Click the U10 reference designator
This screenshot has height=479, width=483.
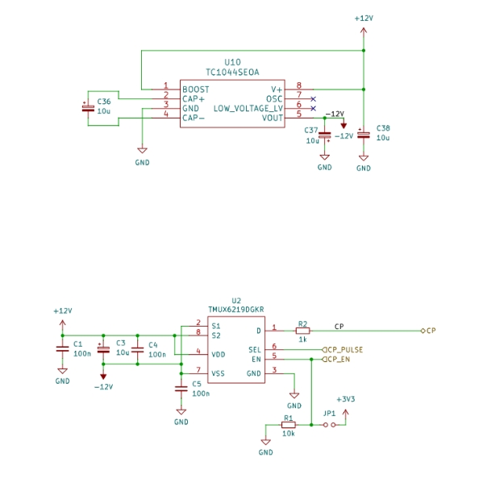point(232,63)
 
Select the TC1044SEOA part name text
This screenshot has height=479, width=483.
point(232,73)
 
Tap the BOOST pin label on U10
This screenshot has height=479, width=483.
point(196,90)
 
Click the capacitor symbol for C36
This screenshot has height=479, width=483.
point(88,108)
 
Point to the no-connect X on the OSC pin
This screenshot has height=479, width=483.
point(314,99)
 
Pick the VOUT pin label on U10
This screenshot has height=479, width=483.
point(273,118)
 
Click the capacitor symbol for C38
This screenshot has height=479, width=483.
point(364,135)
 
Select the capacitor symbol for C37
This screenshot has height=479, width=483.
point(325,135)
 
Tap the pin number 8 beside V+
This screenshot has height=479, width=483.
point(299,85)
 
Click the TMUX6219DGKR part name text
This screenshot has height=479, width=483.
point(236,310)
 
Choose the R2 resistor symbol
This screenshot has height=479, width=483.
point(303,331)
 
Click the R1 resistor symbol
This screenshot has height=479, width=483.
point(289,425)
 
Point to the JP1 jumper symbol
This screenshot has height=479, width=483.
point(329,425)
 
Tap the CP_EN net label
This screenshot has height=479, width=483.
point(336,360)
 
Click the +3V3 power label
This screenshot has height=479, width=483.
point(346,399)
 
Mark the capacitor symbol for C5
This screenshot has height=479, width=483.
point(181,389)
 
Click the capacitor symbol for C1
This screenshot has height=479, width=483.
point(63,349)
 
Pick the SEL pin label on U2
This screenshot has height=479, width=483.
point(255,350)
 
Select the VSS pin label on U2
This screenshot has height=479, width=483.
point(218,373)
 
